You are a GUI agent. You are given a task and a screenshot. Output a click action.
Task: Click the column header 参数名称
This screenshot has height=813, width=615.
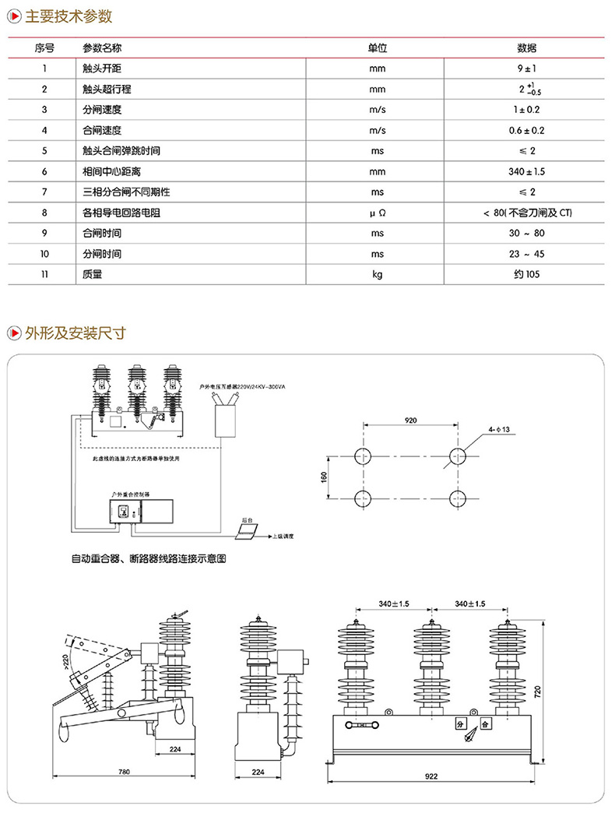pos(101,48)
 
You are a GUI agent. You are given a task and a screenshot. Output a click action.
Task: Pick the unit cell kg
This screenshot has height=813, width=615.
pos(378,274)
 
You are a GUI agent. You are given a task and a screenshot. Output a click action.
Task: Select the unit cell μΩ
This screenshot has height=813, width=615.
pos(378,213)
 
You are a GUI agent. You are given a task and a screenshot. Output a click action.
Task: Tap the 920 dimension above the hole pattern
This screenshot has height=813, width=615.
pos(411,421)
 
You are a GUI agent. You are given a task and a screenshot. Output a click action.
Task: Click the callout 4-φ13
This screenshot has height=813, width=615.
pos(499,428)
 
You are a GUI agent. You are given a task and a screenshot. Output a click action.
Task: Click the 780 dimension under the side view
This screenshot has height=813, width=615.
pos(124,772)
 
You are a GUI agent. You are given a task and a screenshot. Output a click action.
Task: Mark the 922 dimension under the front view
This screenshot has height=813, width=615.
pos(431,776)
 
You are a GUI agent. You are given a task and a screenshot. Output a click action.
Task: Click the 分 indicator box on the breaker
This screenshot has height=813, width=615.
pos(461,723)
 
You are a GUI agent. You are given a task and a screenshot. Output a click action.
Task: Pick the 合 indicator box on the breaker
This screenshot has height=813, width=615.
pos(485,723)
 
